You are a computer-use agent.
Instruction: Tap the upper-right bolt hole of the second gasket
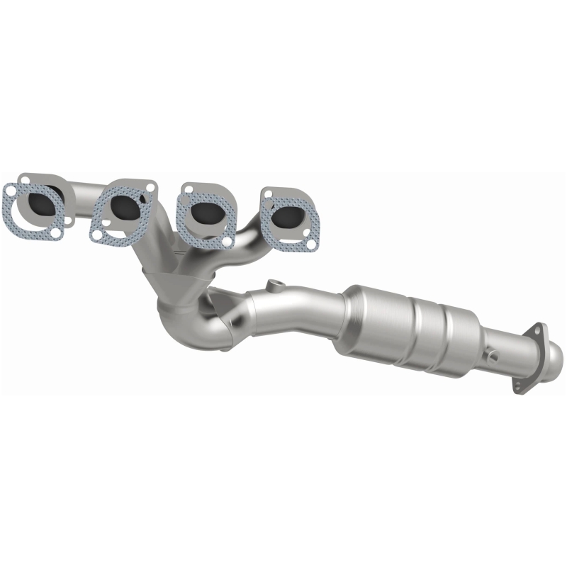[150, 187]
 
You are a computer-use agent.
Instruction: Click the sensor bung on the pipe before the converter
[274, 286]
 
